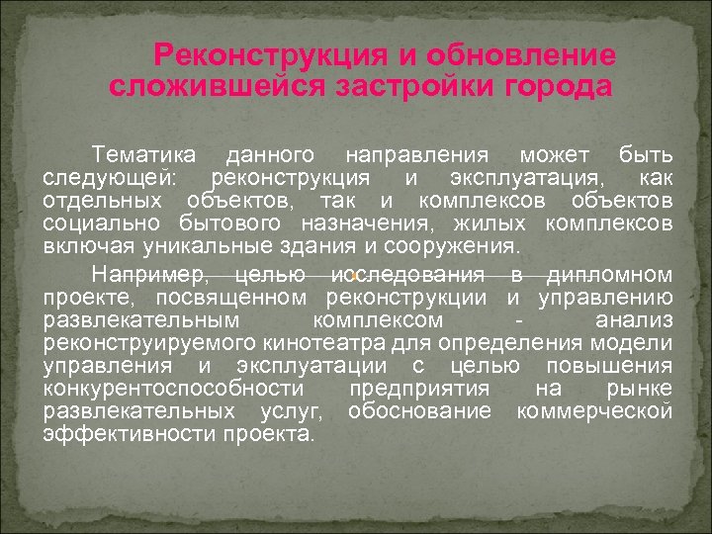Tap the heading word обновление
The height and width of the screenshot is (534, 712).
[519, 56]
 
